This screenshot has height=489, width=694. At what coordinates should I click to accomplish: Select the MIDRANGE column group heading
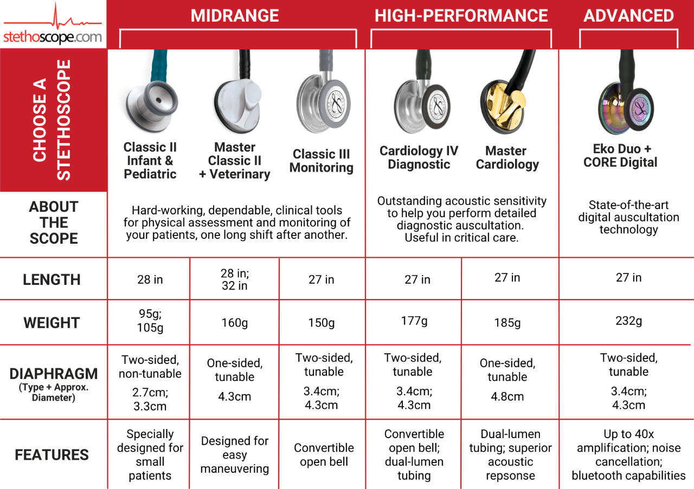pos(235,16)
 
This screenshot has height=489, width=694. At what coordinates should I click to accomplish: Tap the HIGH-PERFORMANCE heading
pos(461,16)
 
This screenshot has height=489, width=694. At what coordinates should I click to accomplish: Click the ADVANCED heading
pos(628,16)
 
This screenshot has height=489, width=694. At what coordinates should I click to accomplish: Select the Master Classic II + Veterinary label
pos(234,161)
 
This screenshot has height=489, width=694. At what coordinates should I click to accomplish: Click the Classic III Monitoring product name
pos(321,161)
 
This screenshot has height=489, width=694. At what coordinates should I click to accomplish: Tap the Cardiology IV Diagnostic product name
pos(419,158)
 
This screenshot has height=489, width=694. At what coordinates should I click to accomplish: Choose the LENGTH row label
pos(52,279)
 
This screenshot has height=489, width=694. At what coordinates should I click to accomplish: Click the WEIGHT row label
pos(52,323)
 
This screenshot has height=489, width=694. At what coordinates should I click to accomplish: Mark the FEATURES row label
pos(52,455)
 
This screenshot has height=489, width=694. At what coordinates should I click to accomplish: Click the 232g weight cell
pos(628,321)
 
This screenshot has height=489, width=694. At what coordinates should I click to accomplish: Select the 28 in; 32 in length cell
pos(234,279)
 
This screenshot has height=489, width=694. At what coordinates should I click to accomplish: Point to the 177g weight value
pos(414,321)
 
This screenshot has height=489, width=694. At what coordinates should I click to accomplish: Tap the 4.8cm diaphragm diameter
pos(507,396)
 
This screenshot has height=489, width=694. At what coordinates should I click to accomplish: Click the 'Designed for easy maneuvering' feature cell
pos(234,455)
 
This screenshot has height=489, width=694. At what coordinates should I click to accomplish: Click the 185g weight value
pos(507,323)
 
